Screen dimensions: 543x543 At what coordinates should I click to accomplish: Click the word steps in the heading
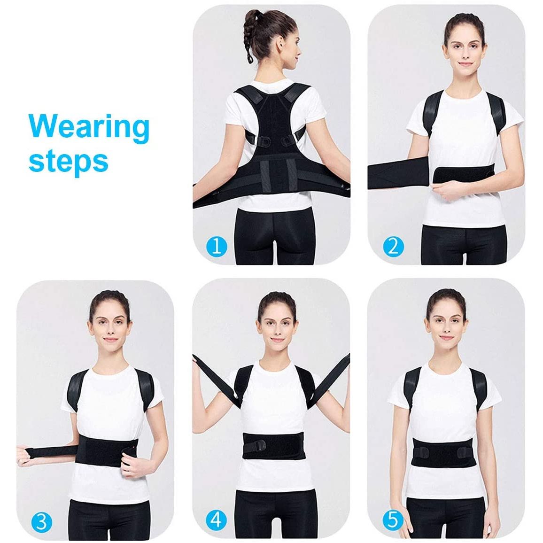pyautogui.click(x=69, y=161)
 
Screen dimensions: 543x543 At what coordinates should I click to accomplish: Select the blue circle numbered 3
pyautogui.click(x=42, y=522)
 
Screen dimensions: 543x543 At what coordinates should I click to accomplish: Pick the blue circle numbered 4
pyautogui.click(x=216, y=520)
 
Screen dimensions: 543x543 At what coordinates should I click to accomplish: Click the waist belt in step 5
pyautogui.click(x=442, y=452)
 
